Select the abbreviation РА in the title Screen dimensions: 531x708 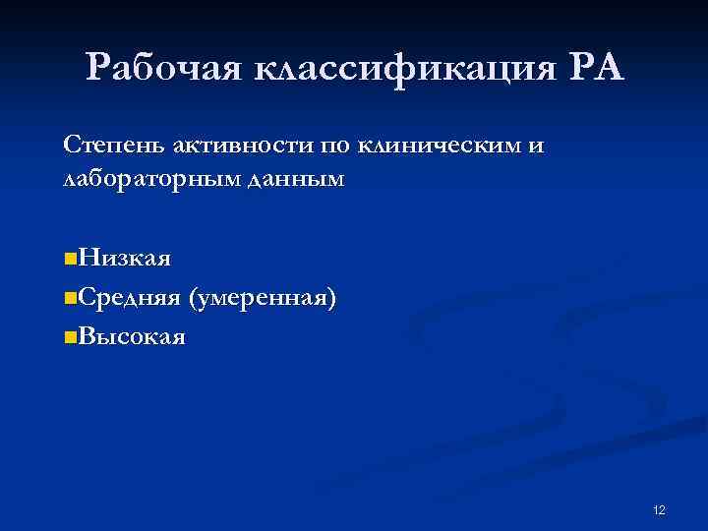[595, 68]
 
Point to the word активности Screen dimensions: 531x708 [243, 147]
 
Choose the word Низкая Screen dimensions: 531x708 [125, 259]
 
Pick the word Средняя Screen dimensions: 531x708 [128, 297]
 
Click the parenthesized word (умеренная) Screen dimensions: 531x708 [266, 297]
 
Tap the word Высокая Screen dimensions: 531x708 [131, 336]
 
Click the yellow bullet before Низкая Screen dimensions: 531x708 [68, 260]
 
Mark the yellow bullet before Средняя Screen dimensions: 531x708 [68, 298]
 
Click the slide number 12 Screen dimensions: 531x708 [659, 509]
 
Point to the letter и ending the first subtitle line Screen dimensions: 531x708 [535, 147]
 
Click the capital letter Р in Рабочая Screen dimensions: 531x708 [98, 68]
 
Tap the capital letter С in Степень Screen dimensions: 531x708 [70, 147]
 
